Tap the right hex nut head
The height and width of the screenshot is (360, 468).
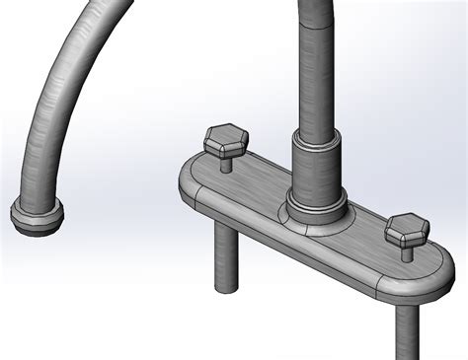406,233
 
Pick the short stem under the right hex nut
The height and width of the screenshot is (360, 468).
407,252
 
